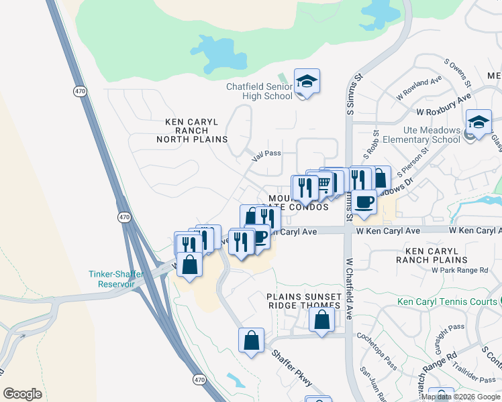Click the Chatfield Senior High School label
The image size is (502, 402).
click(259, 91)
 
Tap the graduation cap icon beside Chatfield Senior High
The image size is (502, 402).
click(307, 82)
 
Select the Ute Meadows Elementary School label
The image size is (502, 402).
click(422, 135)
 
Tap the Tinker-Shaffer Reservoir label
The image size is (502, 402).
click(111, 279)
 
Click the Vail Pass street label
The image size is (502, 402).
click(266, 153)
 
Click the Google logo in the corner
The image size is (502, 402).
click(23, 394)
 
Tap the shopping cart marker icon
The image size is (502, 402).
click(324, 182)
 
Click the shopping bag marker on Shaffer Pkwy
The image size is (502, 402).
click(251, 340)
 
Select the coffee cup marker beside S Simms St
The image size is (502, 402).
click(364, 201)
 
